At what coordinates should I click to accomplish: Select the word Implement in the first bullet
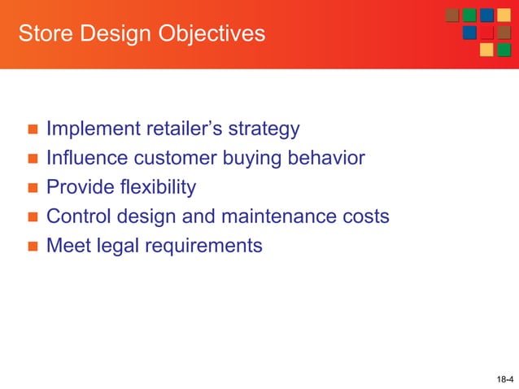coord(92,129)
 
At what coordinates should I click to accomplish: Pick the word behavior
coord(324,158)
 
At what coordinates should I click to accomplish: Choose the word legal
coord(116,245)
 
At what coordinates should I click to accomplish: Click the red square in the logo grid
coord(486,33)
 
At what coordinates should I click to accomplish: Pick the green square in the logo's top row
coord(469,15)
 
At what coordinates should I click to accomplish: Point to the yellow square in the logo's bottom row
coord(486,50)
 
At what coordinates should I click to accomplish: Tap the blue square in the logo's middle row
coord(469,33)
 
